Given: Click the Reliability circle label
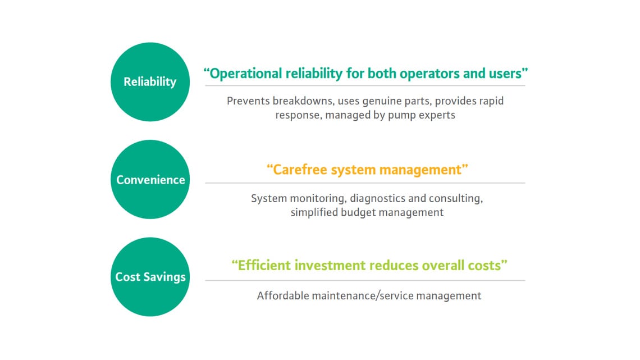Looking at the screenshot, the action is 150,82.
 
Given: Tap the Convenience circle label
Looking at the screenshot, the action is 150,180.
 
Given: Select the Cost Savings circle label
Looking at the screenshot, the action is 150,277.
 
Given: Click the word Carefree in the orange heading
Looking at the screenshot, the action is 300,170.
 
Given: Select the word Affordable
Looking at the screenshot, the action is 283,295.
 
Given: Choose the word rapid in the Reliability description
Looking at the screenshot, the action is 491,101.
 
